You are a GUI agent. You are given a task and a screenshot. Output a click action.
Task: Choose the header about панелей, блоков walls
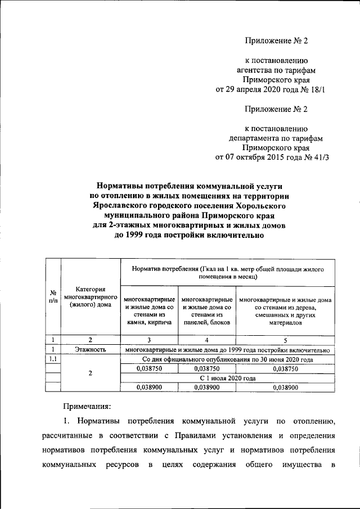pyautogui.click(x=207, y=311)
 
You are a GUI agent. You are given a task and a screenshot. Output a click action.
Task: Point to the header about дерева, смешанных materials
pyautogui.click(x=285, y=311)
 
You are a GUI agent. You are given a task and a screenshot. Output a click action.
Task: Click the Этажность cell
pyautogui.click(x=90, y=350)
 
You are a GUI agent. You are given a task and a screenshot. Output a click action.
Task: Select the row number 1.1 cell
pyautogui.click(x=52, y=359)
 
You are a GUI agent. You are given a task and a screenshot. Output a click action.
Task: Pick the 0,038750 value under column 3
pyautogui.click(x=149, y=368)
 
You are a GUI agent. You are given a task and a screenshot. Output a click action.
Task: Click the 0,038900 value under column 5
pyautogui.click(x=285, y=388)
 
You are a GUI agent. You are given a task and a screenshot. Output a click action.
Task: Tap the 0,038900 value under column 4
pyautogui.click(x=207, y=388)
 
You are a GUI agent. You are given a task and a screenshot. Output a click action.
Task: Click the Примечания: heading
pyautogui.click(x=87, y=404)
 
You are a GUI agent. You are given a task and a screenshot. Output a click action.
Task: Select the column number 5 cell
pyautogui.click(x=285, y=340)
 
